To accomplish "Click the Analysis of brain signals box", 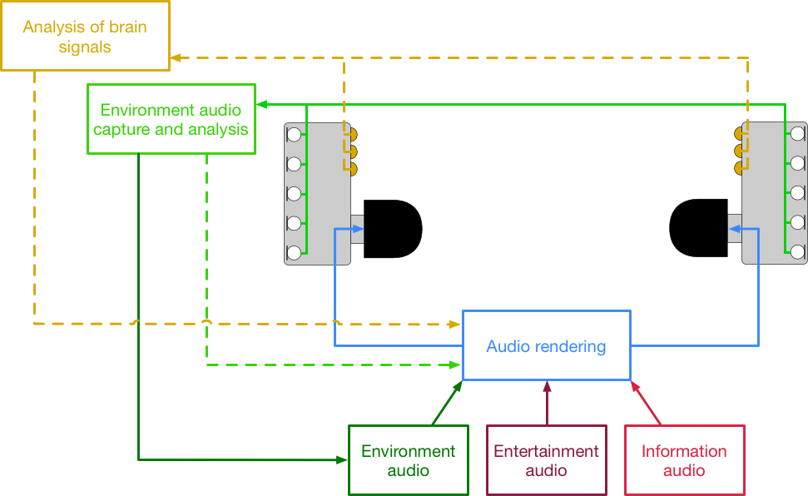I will pyautogui.click(x=85, y=36).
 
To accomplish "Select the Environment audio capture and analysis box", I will pyautogui.click(x=171, y=119).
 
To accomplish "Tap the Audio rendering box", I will pyautogui.click(x=546, y=345).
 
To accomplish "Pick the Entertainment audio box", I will pyautogui.click(x=546, y=460).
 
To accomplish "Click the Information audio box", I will pyautogui.click(x=684, y=460).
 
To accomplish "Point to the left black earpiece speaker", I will pyautogui.click(x=392, y=229).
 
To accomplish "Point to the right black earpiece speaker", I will pyautogui.click(x=699, y=229).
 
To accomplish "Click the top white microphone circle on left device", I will pyautogui.click(x=294, y=133).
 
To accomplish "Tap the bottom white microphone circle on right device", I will pyautogui.click(x=798, y=251).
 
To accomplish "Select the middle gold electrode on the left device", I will pyautogui.click(x=352, y=151).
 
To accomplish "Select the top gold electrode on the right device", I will pyautogui.click(x=739, y=134).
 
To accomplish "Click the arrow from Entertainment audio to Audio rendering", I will pyautogui.click(x=547, y=403).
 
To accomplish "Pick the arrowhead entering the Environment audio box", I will pyautogui.click(x=342, y=459).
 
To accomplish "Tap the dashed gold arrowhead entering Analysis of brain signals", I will pyautogui.click(x=176, y=57).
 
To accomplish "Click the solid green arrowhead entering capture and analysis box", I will pyautogui.click(x=260, y=105).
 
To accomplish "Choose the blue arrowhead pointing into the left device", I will pyautogui.click(x=340, y=228).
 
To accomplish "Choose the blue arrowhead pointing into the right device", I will pyautogui.click(x=736, y=228).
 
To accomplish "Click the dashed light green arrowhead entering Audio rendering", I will pyautogui.click(x=455, y=365).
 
